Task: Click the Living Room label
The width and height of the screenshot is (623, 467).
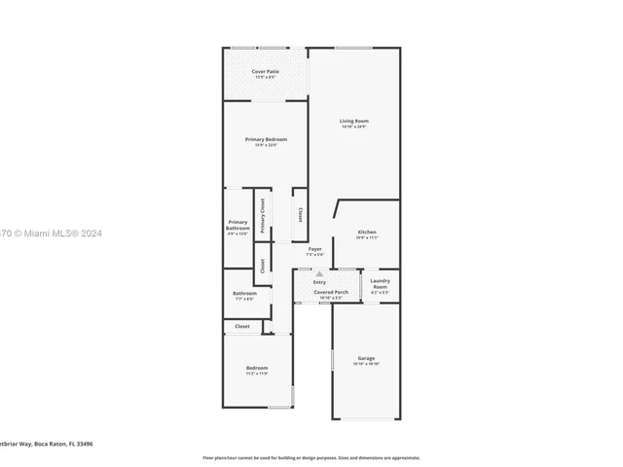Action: point(354,121)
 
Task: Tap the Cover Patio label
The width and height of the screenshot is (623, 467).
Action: point(265,71)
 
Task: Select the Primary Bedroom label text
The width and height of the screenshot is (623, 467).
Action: point(266,139)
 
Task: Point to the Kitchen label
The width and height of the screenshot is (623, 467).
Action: point(366,232)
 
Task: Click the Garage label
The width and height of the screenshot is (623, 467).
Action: point(366,358)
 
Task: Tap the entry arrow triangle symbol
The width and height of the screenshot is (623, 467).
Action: point(318,274)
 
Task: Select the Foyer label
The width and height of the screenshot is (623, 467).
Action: point(314,249)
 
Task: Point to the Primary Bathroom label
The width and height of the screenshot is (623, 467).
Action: point(238,225)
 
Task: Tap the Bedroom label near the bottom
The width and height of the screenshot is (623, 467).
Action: point(256,368)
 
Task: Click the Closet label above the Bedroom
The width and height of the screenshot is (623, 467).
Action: point(241,327)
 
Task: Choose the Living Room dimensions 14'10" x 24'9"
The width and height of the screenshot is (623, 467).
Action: point(354,126)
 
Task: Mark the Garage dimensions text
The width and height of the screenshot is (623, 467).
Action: point(366,364)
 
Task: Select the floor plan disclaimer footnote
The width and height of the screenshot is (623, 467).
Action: point(311,457)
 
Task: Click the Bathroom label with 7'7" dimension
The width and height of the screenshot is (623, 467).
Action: point(243,294)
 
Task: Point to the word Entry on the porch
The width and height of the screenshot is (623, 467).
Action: point(319,283)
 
